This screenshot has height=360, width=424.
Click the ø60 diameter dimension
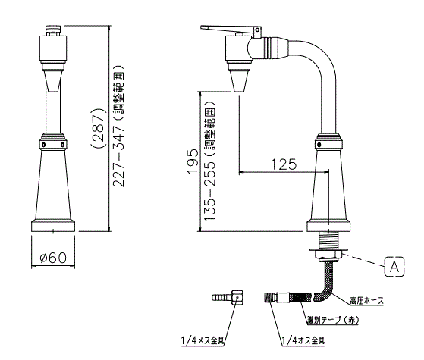pos(53,258)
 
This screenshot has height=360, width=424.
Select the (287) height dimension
pos(98,128)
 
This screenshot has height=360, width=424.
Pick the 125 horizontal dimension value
pos(284,164)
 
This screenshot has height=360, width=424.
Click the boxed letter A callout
pos(394,267)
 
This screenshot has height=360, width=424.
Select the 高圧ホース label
pos(366,301)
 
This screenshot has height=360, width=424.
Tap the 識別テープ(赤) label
pos(334,320)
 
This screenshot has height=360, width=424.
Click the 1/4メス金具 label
pos(203,340)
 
